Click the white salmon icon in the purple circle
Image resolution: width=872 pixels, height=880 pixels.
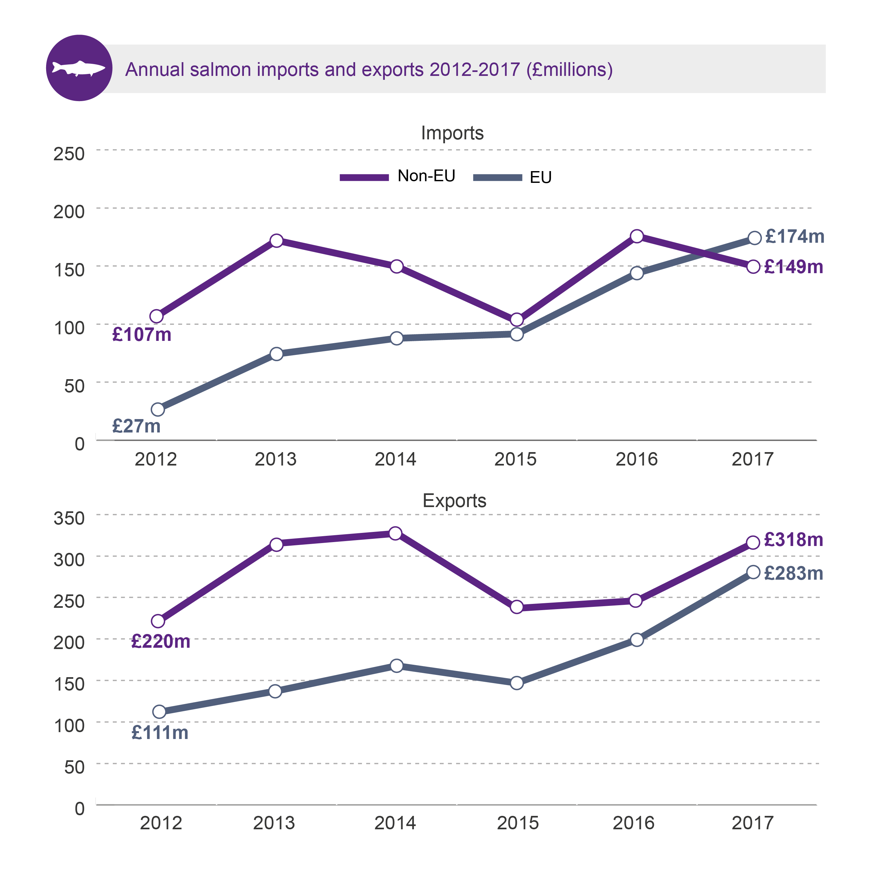coord(79,68)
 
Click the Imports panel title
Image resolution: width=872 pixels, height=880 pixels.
coord(452,133)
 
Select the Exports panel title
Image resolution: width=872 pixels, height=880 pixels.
coord(454,501)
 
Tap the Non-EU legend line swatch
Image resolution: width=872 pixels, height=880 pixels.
coord(364,178)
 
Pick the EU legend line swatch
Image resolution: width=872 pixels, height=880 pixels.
coord(497,178)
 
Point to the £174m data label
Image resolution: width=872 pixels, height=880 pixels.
coord(795,237)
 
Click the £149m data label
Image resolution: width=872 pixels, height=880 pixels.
coord(793,267)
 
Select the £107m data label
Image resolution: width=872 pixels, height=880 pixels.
coord(142,335)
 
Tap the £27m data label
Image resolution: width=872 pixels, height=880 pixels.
coord(136,426)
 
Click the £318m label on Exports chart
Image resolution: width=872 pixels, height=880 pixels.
coord(793,540)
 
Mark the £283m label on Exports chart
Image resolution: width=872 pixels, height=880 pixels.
coord(793,573)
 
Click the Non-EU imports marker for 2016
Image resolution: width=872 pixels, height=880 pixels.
coord(637,236)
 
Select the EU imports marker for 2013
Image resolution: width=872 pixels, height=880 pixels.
coord(276,354)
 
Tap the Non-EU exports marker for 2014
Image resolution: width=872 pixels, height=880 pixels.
coord(395,533)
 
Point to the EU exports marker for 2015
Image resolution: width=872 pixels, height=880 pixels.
coord(516,683)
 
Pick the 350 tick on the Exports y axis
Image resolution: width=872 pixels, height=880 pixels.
coord(69,518)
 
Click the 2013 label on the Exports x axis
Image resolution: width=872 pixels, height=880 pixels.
coord(274,823)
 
